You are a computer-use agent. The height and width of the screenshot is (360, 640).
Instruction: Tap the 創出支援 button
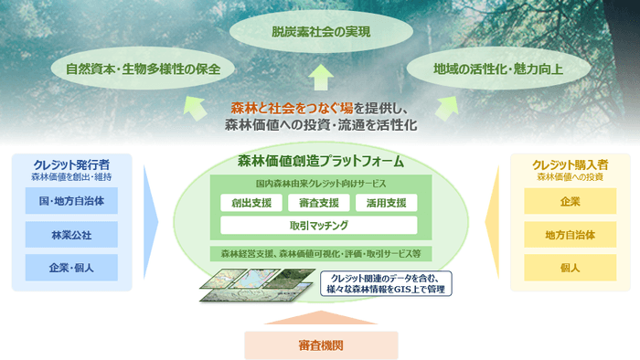point(250,202)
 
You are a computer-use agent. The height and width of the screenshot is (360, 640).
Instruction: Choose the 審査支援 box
point(319,202)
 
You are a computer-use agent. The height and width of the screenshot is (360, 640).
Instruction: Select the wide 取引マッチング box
point(319,224)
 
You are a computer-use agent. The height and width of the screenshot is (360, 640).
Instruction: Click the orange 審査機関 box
point(320,344)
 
